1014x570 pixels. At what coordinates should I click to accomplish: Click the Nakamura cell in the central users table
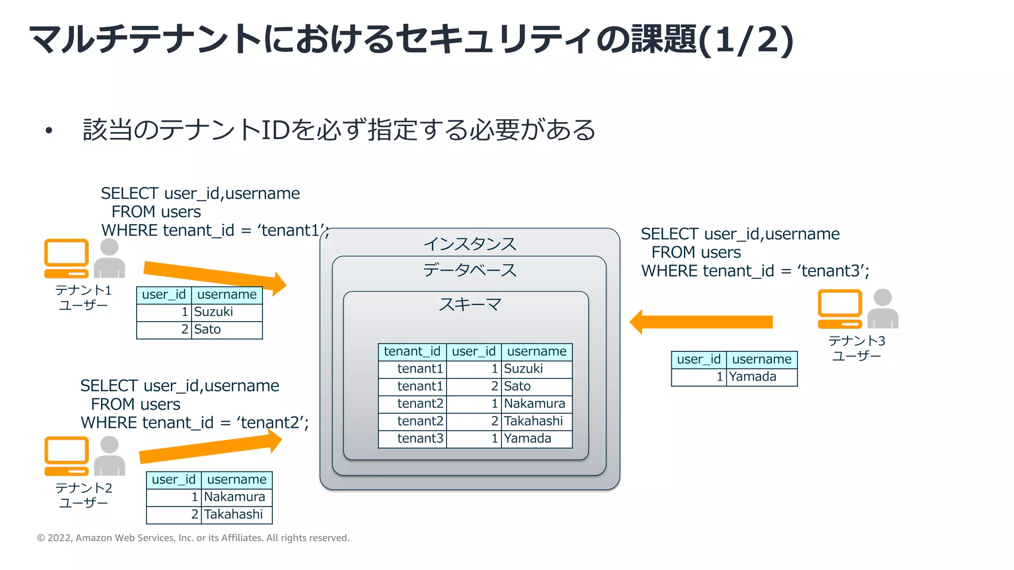pos(536,404)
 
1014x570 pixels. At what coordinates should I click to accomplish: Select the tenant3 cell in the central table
pos(412,438)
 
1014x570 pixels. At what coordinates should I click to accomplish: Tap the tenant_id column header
pos(412,351)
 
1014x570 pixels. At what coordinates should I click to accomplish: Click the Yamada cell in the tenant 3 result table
pos(761,377)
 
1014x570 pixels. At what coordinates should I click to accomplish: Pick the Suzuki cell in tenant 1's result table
pos(226,312)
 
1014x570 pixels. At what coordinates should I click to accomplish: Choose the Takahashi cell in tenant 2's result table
pos(236,515)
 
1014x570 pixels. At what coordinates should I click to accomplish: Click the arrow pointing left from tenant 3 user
pos(701,322)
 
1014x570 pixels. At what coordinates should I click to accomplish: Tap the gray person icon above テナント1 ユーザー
pos(109,258)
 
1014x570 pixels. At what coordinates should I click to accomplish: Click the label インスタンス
pos(469,244)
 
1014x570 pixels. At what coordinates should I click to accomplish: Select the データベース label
pos(469,270)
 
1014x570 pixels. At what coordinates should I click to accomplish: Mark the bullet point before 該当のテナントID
pos(49,131)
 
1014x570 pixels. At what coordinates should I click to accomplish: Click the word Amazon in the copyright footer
pos(94,538)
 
